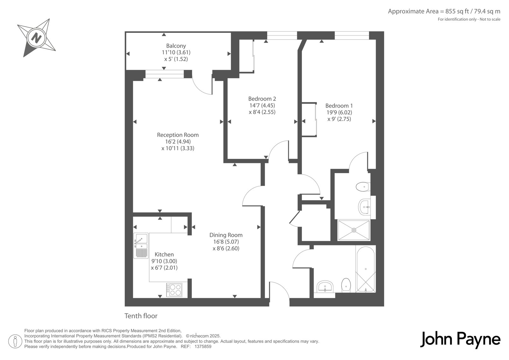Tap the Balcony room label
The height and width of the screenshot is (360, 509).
tap(176, 46)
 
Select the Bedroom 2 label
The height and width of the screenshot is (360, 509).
tap(262, 99)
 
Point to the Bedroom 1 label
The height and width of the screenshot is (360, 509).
tap(339, 106)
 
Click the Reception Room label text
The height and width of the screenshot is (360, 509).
tap(178, 135)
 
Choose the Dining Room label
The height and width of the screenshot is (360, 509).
tap(226, 235)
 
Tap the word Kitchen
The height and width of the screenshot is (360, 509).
tap(164, 254)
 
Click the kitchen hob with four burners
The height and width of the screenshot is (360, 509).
tap(174, 290)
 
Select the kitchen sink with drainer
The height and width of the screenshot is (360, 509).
tap(141, 246)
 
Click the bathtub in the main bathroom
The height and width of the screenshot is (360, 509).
tap(366, 270)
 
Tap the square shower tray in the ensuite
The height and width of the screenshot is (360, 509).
tap(354, 230)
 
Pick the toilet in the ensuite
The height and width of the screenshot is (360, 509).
tap(363, 187)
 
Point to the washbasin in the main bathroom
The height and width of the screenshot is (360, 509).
tap(325, 287)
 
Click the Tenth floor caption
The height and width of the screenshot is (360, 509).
tap(141, 316)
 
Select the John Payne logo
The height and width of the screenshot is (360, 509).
tap(460, 340)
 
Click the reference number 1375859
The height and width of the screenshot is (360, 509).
tap(203, 347)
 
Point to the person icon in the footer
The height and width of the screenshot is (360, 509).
tap(15, 341)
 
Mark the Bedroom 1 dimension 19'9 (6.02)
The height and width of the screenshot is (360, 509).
tap(339, 112)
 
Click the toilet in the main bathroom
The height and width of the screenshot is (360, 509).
tap(346, 285)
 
